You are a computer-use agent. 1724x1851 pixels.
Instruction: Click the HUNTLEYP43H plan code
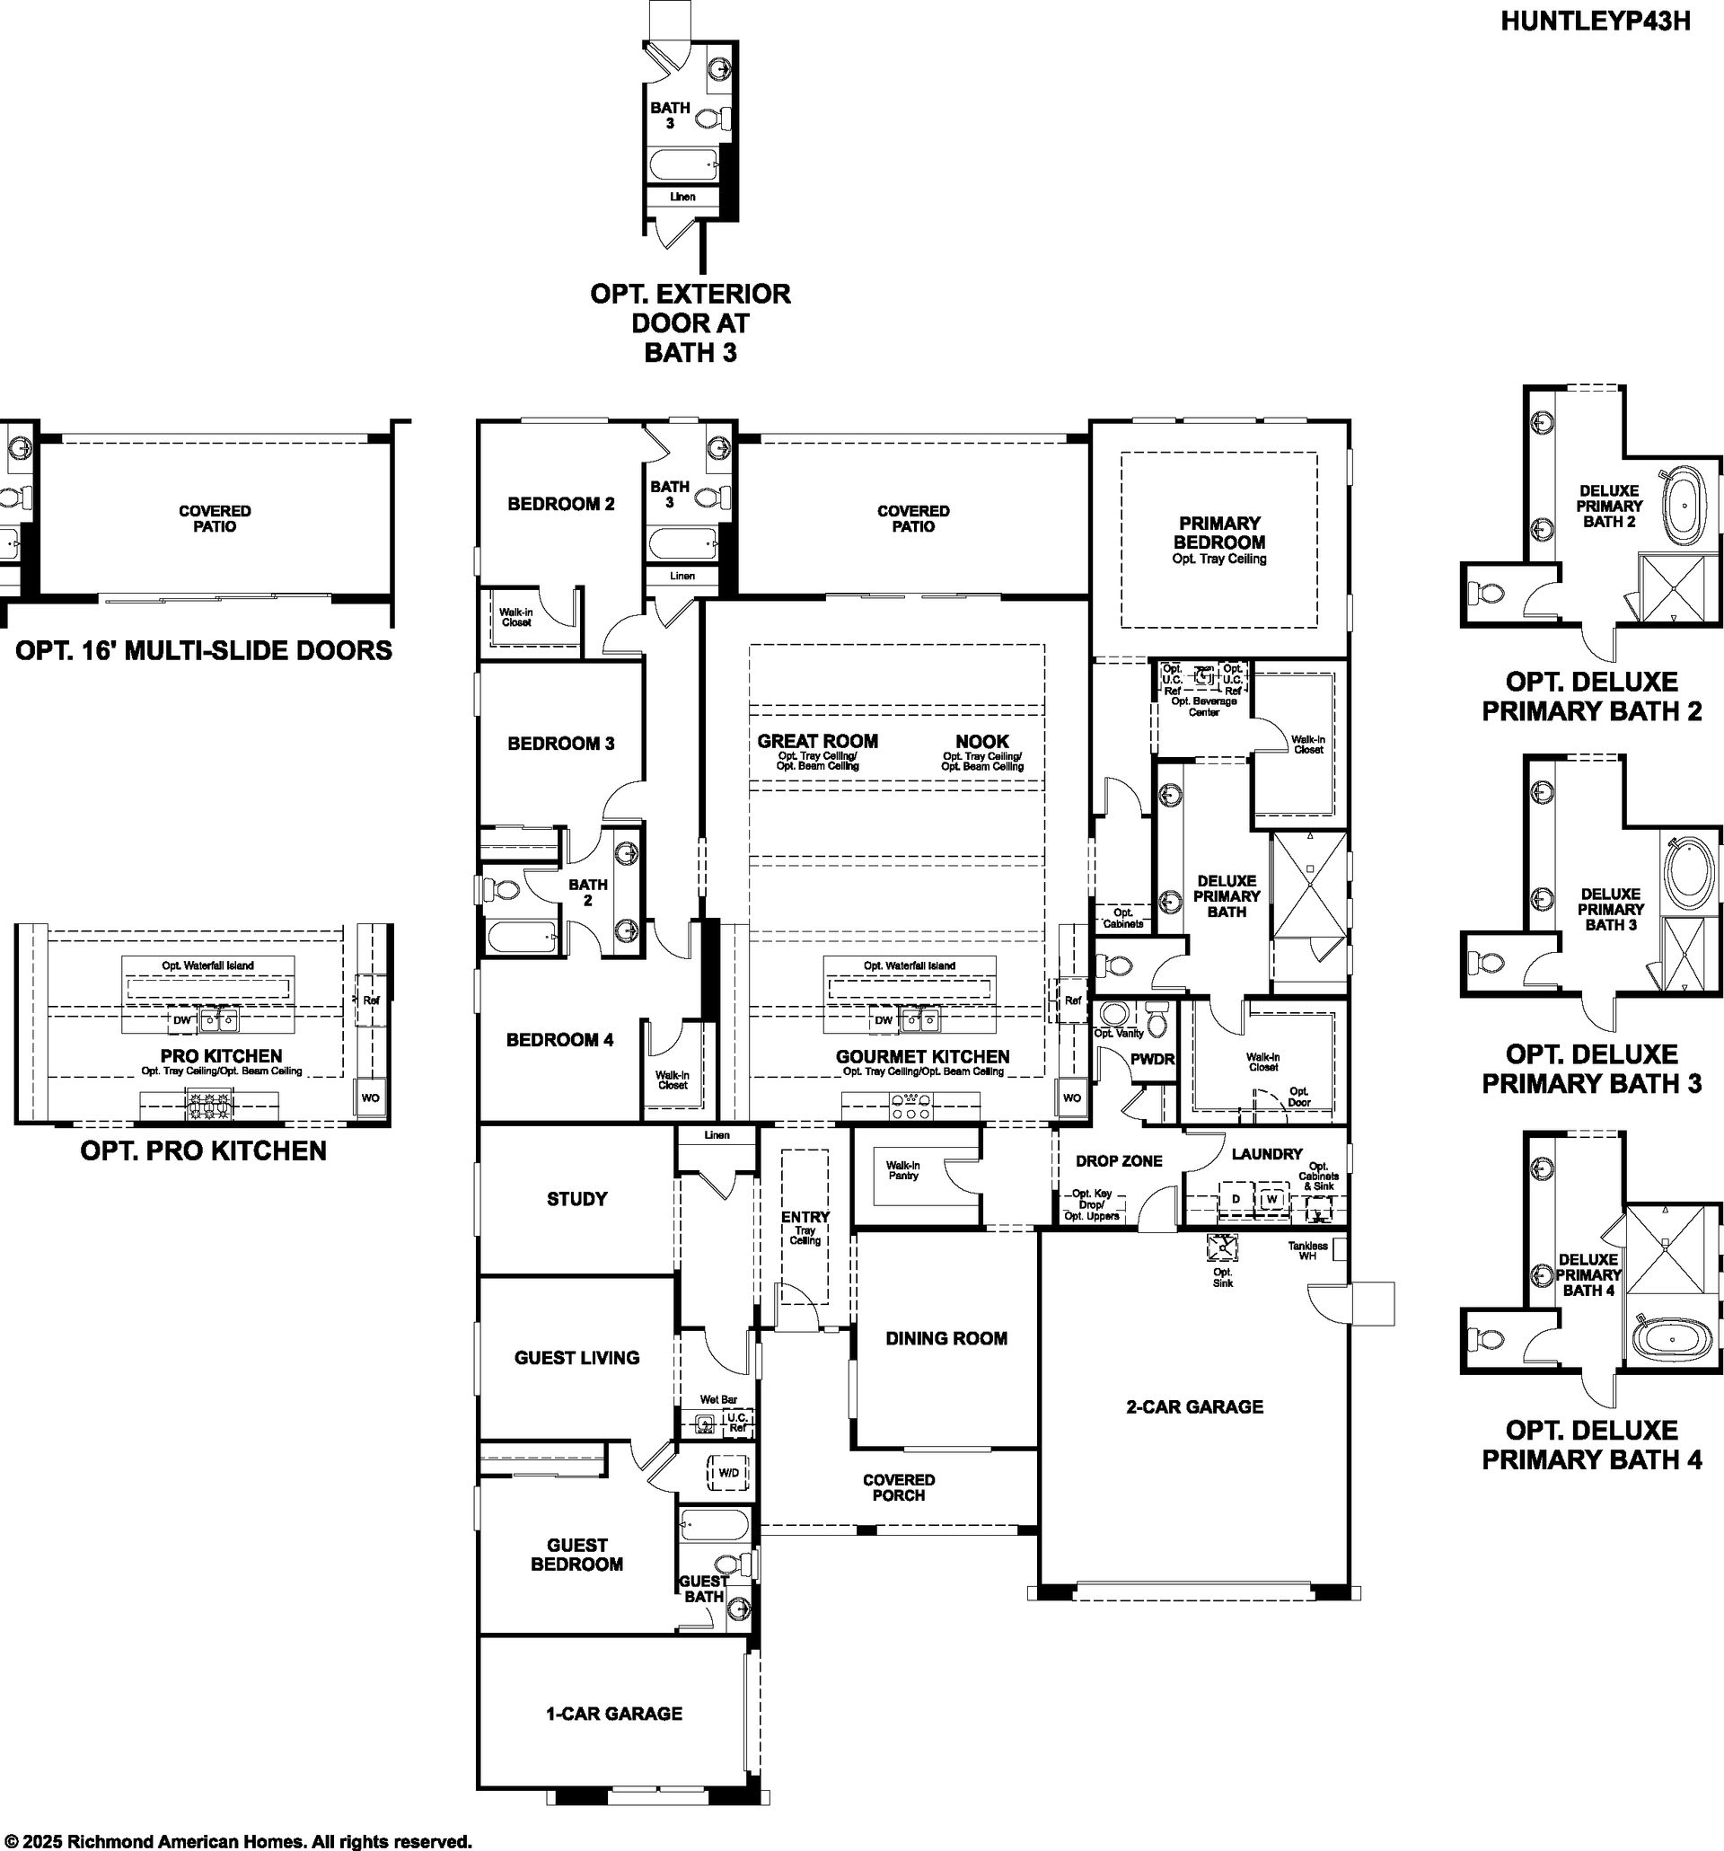(1595, 22)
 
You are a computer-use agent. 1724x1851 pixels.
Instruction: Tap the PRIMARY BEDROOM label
(1218, 533)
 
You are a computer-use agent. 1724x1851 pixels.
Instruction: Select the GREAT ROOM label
(817, 741)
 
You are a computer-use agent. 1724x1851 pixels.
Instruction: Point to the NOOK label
(982, 741)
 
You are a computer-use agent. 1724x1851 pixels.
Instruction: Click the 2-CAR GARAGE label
(1194, 1406)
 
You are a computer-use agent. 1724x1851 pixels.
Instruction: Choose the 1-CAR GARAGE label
(613, 1714)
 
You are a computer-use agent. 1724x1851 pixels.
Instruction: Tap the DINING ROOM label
(946, 1338)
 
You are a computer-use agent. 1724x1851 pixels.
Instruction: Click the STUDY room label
(577, 1198)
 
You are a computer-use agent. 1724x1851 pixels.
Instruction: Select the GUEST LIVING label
(577, 1358)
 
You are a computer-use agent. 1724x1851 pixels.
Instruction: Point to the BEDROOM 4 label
(559, 1039)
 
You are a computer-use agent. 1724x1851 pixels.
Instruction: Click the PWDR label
(1152, 1060)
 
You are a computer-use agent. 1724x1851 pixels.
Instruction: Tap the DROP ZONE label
(1119, 1161)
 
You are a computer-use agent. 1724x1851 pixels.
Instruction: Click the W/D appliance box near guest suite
(729, 1472)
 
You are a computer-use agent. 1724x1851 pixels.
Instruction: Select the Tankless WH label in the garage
(1308, 1250)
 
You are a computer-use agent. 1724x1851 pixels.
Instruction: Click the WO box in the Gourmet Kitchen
(1071, 1097)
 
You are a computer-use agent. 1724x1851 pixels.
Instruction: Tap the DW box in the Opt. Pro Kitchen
(182, 1019)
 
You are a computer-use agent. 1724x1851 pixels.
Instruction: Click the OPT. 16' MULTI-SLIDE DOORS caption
(204, 650)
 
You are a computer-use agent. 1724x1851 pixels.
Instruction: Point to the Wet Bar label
(718, 1399)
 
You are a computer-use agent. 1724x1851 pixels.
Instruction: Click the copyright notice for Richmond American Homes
(237, 1841)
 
